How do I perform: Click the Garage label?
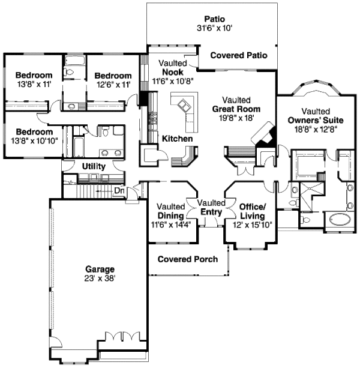click(x=100, y=270)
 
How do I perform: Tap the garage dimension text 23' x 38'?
click(x=100, y=279)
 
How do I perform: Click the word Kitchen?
click(x=177, y=139)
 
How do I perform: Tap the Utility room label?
click(x=94, y=166)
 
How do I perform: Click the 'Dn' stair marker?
click(x=119, y=191)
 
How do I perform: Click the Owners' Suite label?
click(x=315, y=121)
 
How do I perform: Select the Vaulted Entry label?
click(x=210, y=208)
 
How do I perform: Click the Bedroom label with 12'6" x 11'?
click(x=113, y=76)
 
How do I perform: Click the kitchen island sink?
click(x=184, y=107)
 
